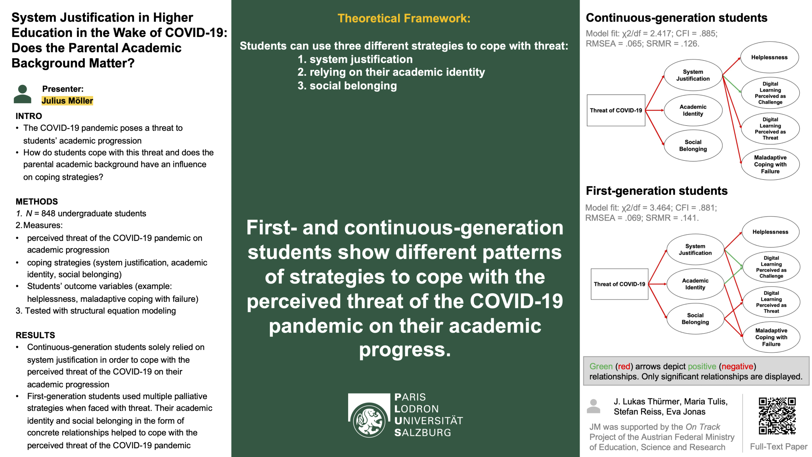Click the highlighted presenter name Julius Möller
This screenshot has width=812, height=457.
pos(67,101)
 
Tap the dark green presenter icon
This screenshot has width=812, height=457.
pos(23,94)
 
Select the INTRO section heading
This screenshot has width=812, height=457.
pos(29,116)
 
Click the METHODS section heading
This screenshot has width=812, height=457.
pos(37,202)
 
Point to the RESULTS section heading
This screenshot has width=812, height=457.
pos(35,335)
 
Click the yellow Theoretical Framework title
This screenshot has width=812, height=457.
pos(404,18)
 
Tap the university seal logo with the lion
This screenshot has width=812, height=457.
pos(369,420)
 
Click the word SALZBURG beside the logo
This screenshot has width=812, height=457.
pos(423,433)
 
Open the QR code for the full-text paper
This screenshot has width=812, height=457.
pos(777,416)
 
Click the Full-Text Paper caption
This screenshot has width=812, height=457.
pos(779,447)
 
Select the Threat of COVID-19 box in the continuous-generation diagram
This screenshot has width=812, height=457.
pos(616,110)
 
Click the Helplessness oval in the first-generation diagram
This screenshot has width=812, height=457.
pos(770,232)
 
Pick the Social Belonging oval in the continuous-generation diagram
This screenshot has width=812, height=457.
pos(693,146)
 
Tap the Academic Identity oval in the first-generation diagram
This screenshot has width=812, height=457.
pos(695,284)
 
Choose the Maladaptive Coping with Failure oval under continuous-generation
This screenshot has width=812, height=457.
pos(770,165)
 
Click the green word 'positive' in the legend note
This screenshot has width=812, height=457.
pos(702,367)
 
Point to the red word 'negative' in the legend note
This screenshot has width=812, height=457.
pos(737,367)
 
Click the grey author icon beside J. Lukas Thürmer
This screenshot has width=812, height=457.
pos(594,406)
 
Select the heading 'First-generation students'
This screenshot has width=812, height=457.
pos(657,191)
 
